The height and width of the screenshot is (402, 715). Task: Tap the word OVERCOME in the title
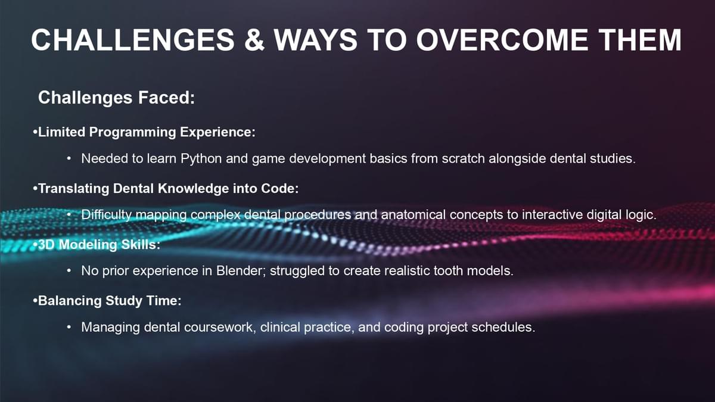click(x=502, y=40)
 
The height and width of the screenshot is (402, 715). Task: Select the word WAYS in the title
click(x=316, y=40)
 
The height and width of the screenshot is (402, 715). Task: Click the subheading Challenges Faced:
click(x=117, y=98)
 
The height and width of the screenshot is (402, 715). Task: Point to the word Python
click(x=201, y=159)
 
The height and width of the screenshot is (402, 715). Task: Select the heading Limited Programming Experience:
click(x=144, y=132)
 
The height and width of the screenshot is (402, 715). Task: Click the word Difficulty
click(x=106, y=215)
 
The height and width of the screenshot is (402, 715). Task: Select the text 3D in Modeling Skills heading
click(x=46, y=245)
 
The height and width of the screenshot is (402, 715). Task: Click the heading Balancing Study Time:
click(x=107, y=301)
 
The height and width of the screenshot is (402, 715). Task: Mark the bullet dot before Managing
click(x=69, y=328)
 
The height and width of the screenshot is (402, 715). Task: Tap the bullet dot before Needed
click(x=69, y=159)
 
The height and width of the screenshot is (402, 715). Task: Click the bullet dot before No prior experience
click(x=69, y=271)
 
